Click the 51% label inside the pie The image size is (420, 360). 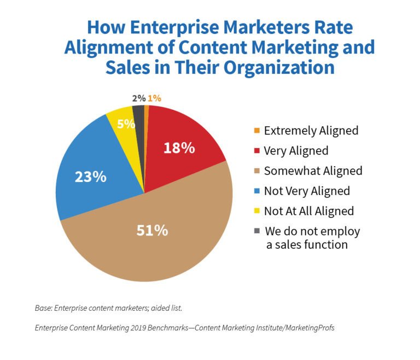pos(152,230)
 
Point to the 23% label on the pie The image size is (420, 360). pos(91,177)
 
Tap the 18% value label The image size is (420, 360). pos(179,148)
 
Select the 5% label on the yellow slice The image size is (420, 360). pos(126,124)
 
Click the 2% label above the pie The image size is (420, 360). pos(139,98)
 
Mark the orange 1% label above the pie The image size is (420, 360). pos(154,98)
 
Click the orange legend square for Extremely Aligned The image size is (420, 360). pos(257,131)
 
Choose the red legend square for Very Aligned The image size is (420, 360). pos(257,151)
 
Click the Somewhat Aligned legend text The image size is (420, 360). pos(313,171)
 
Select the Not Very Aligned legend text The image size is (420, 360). pos(307,191)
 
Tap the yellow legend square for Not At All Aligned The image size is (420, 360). pos(257,211)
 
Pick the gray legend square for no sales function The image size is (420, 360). pos(257,231)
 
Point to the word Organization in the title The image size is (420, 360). pos(279,67)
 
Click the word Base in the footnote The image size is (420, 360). pos(43,308)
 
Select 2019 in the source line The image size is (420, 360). pos(138,328)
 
